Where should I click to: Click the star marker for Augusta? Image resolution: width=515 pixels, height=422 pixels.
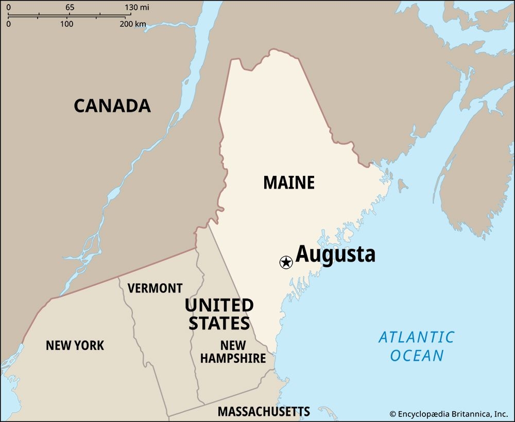[x=286, y=263]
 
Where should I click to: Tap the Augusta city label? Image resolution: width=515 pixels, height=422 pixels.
[x=335, y=254]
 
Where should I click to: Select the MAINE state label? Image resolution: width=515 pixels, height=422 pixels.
[x=289, y=182]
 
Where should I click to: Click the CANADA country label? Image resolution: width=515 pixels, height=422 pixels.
[x=112, y=105]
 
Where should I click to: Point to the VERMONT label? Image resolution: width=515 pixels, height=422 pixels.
[x=155, y=288]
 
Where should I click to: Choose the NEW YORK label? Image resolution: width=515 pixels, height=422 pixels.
[x=75, y=345]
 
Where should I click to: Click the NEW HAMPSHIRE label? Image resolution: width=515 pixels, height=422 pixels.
[x=233, y=352]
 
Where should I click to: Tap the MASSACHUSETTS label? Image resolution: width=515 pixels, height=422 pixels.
[x=264, y=411]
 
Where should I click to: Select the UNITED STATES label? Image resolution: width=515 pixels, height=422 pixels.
[x=219, y=314]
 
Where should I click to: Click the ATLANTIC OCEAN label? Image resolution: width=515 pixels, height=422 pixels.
[x=417, y=346]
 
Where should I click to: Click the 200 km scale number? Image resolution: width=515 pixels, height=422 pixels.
[x=133, y=24]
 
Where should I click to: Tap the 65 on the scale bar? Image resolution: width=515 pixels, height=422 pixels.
[x=70, y=8]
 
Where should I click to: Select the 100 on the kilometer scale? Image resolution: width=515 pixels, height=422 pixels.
[x=66, y=24]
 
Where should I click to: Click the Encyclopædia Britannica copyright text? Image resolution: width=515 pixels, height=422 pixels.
[x=449, y=413]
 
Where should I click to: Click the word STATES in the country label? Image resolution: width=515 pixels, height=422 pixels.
[x=219, y=323]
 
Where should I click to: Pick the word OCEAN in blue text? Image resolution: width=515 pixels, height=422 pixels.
[x=417, y=355]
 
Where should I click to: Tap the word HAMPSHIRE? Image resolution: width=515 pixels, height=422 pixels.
[x=233, y=358]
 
